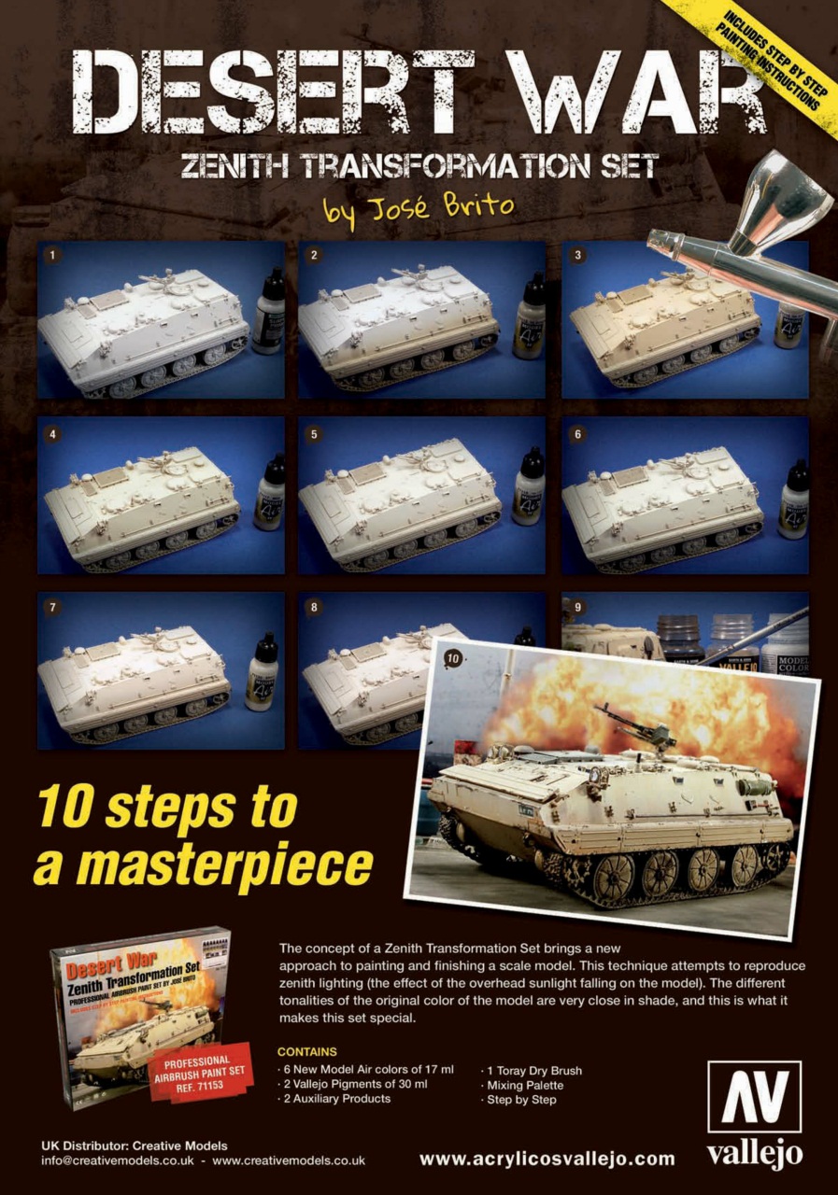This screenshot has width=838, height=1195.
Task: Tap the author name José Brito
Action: coord(419,206)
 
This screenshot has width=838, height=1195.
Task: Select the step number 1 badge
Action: coord(53,254)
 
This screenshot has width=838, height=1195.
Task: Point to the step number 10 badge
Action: coord(453,659)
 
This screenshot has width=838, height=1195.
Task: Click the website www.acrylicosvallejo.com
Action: coord(547,1159)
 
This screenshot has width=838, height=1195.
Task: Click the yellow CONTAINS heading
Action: coord(307,1051)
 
